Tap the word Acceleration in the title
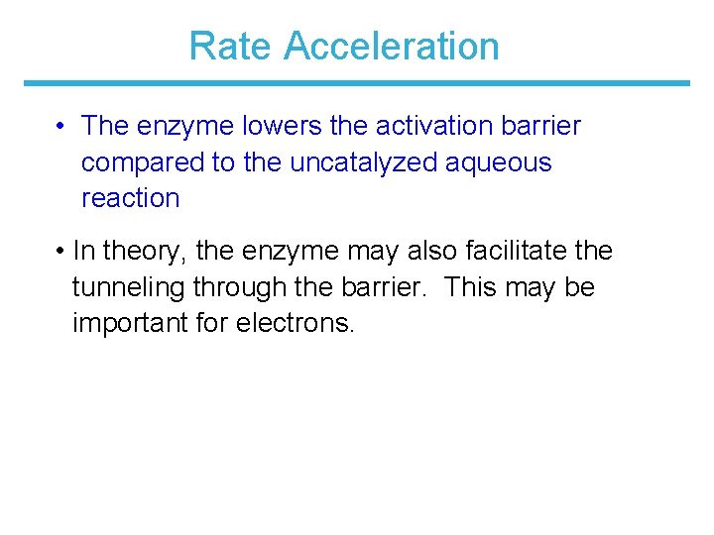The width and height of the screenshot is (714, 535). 391,47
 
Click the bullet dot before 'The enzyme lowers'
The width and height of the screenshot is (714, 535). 61,127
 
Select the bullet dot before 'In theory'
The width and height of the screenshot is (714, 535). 61,252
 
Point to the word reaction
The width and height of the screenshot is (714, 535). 131,197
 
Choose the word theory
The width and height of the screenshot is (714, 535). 147,252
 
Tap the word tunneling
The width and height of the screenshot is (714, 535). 129,288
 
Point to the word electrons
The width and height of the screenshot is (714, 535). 295,323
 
